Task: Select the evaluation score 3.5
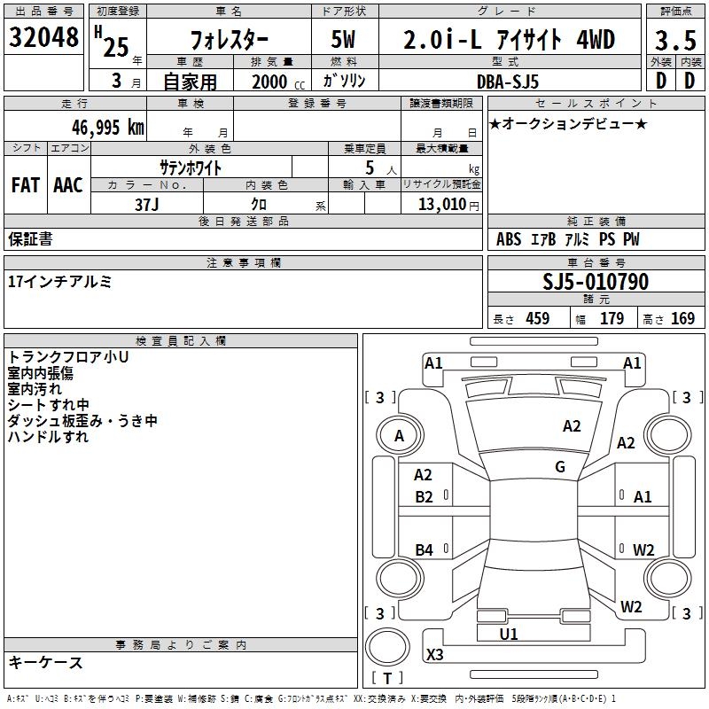(674, 40)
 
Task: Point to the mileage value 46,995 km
(96, 127)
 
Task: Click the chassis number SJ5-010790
(596, 283)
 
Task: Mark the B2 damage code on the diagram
(424, 496)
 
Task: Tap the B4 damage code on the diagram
(424, 550)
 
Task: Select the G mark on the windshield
(560, 467)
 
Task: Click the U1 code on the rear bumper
(509, 634)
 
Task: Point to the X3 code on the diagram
(434, 655)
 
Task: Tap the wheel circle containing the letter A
(399, 435)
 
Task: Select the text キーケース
(45, 662)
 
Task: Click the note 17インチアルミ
(60, 281)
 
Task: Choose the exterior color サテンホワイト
(190, 167)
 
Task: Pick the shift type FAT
(25, 185)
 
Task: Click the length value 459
(537, 319)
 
